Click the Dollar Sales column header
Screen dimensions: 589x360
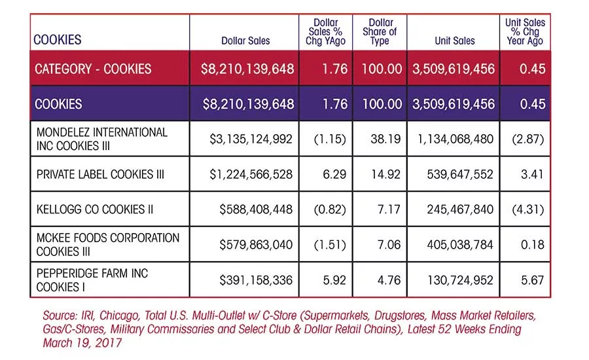click(245, 41)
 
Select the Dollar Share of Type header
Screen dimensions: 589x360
click(380, 31)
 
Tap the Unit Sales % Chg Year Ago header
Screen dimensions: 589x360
click(525, 31)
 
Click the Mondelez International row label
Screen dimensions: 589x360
click(102, 139)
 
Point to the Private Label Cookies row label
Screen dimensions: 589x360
click(100, 174)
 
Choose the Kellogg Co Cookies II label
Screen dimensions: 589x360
click(95, 209)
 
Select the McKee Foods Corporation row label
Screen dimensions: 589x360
click(108, 244)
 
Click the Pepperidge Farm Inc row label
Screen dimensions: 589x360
click(92, 280)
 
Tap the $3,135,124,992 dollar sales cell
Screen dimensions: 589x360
click(251, 139)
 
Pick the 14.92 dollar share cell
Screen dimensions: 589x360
click(385, 174)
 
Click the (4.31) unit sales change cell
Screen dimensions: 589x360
click(527, 209)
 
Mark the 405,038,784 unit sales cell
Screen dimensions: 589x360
click(460, 245)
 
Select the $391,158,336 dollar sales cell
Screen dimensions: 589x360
click(256, 280)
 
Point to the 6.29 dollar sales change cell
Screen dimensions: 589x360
click(334, 174)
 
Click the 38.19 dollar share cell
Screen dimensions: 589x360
click(385, 139)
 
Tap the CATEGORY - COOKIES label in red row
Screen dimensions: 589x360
click(93, 69)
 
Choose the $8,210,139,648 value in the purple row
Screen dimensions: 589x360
click(248, 104)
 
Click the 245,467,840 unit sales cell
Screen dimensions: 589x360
click(460, 209)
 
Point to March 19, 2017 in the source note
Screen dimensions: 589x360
click(82, 343)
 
